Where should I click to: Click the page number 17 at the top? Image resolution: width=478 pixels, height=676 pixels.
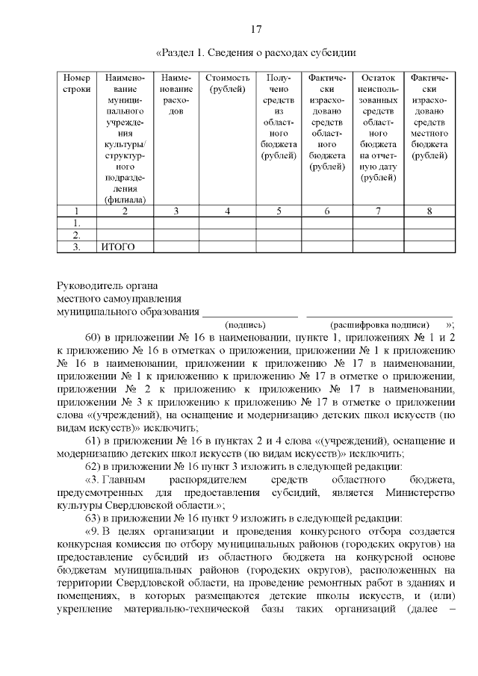pos(255,30)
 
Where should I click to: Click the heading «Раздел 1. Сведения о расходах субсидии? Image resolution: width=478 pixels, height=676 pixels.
pos(255,53)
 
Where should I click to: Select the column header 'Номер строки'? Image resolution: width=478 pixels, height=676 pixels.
pos(76,84)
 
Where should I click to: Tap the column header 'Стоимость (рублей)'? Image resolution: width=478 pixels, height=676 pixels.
pos(226,84)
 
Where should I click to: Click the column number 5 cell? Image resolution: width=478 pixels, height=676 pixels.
pos(278,211)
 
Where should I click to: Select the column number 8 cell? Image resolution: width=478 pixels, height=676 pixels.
pos(429,211)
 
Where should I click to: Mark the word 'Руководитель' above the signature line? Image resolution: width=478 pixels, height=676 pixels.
pos(89,285)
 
